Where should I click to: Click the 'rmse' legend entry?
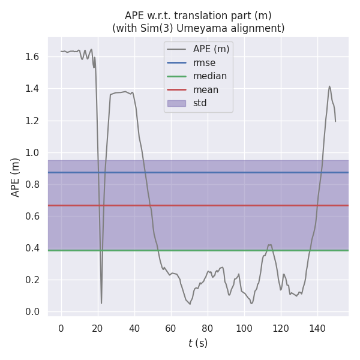[x=204, y=62]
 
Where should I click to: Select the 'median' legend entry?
[x=209, y=76]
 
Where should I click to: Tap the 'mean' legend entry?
[x=205, y=90]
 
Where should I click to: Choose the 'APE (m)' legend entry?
[x=211, y=49]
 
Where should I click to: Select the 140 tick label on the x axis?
[x=317, y=328]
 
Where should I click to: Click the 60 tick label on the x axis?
[x=171, y=328]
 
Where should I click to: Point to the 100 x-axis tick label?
[x=244, y=328]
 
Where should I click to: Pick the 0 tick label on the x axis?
[x=61, y=328]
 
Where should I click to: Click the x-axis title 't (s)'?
[x=198, y=343]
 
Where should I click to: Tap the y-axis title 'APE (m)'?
[x=16, y=177]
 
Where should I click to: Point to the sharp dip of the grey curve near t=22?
[x=101, y=302]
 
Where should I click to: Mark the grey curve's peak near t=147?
[x=329, y=86]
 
